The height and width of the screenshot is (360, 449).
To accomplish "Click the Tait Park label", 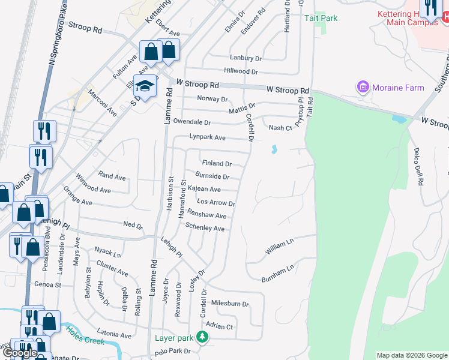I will pyautogui.click(x=321, y=18).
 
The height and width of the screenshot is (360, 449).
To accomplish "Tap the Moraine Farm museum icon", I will pyautogui.click(x=363, y=88).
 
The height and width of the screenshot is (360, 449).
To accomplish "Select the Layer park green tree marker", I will pyautogui.click(x=203, y=338).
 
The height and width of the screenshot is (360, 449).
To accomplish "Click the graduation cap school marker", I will pyautogui.click(x=145, y=86).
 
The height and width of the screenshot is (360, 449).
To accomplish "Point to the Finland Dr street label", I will pyautogui.click(x=217, y=163).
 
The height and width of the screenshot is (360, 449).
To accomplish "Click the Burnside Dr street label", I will pyautogui.click(x=212, y=176).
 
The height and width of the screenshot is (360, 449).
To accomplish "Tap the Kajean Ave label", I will pyautogui.click(x=204, y=189).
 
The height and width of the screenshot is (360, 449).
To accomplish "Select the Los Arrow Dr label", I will pyautogui.click(x=215, y=203).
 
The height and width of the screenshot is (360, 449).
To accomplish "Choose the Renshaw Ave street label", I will pyautogui.click(x=206, y=215).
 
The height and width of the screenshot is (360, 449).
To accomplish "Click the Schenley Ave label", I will pyautogui.click(x=205, y=228).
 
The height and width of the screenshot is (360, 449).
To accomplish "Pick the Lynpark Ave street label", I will pyautogui.click(x=207, y=137).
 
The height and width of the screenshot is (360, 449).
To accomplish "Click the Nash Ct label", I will pyautogui.click(x=280, y=128).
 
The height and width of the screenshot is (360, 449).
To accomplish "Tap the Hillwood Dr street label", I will pyautogui.click(x=240, y=71).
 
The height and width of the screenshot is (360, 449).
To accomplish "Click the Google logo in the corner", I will pyautogui.click(x=20, y=353).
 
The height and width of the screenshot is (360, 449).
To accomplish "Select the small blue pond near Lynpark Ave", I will pyautogui.click(x=274, y=149).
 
